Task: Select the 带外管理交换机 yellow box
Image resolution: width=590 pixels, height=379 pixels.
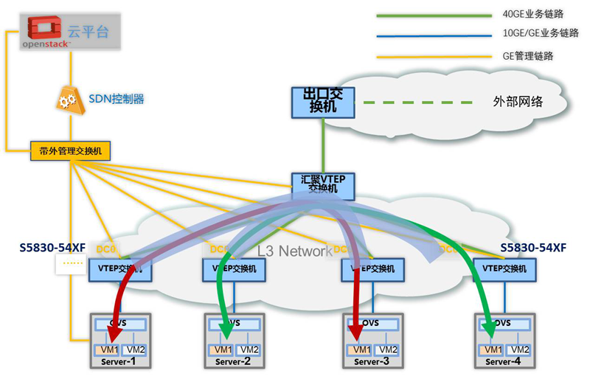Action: (70, 151)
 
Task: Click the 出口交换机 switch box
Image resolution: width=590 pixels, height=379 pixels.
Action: (323, 102)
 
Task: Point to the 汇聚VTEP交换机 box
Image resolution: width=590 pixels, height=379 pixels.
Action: (323, 185)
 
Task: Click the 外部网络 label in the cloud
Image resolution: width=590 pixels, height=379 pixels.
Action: (517, 102)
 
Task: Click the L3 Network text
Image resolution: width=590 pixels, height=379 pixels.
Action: (294, 251)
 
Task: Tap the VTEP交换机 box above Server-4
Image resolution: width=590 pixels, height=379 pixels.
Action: (504, 269)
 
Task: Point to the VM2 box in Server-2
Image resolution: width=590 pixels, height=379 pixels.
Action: (249, 350)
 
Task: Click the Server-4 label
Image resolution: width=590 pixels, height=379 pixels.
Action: (504, 362)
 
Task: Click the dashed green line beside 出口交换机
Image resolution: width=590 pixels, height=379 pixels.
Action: (413, 102)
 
